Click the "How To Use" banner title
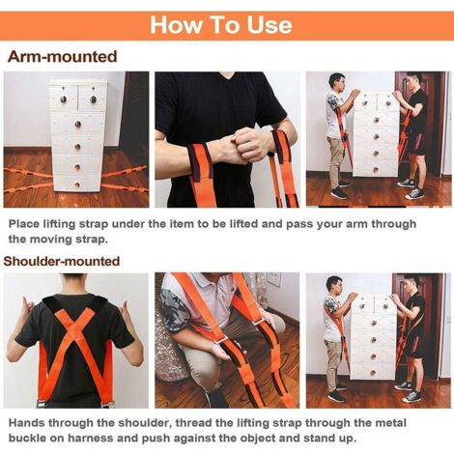(221, 25)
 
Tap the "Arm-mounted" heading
(62, 57)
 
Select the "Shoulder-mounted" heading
(62, 261)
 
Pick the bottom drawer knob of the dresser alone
(76, 184)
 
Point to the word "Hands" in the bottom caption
(27, 423)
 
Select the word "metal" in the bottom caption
(389, 423)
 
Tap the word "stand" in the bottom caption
(314, 438)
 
